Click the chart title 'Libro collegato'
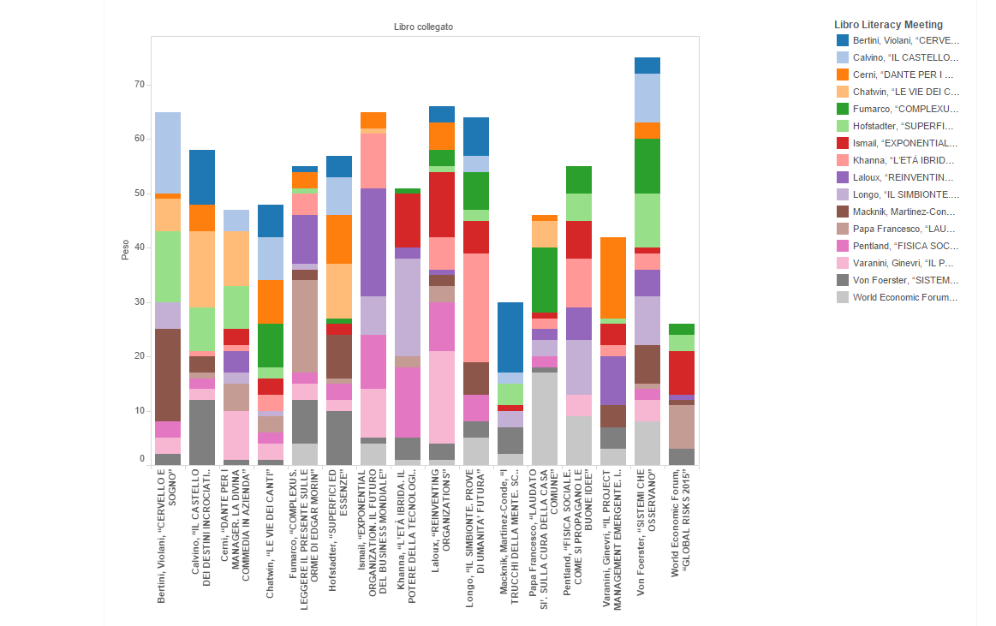click(x=423, y=27)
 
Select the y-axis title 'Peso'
click(x=125, y=250)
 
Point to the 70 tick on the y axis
click(x=139, y=84)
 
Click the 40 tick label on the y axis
click(x=139, y=247)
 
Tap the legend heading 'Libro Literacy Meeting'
click(x=888, y=25)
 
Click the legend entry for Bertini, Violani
click(x=905, y=40)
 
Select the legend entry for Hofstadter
click(x=905, y=126)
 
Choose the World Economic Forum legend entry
click(x=905, y=297)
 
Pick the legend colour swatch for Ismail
click(x=844, y=143)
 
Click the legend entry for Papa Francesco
click(x=905, y=229)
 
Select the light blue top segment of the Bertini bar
click(x=168, y=152)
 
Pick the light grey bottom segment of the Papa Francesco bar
click(x=545, y=419)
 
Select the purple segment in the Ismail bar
click(x=373, y=242)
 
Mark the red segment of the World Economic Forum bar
click(x=682, y=373)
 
